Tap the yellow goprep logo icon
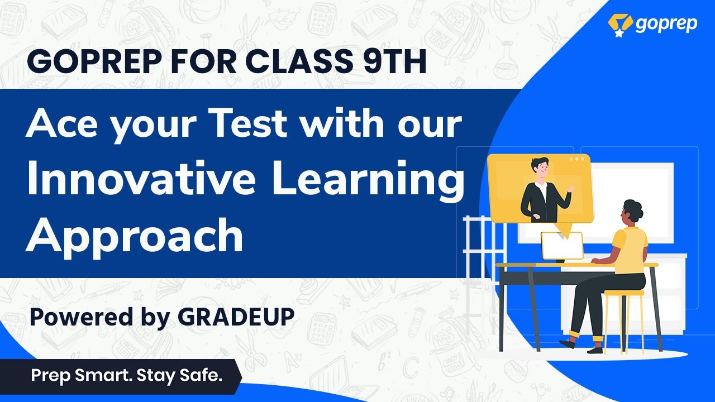click(x=620, y=25)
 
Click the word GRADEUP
click(x=236, y=317)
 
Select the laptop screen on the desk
click(x=562, y=246)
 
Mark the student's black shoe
click(x=568, y=343)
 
